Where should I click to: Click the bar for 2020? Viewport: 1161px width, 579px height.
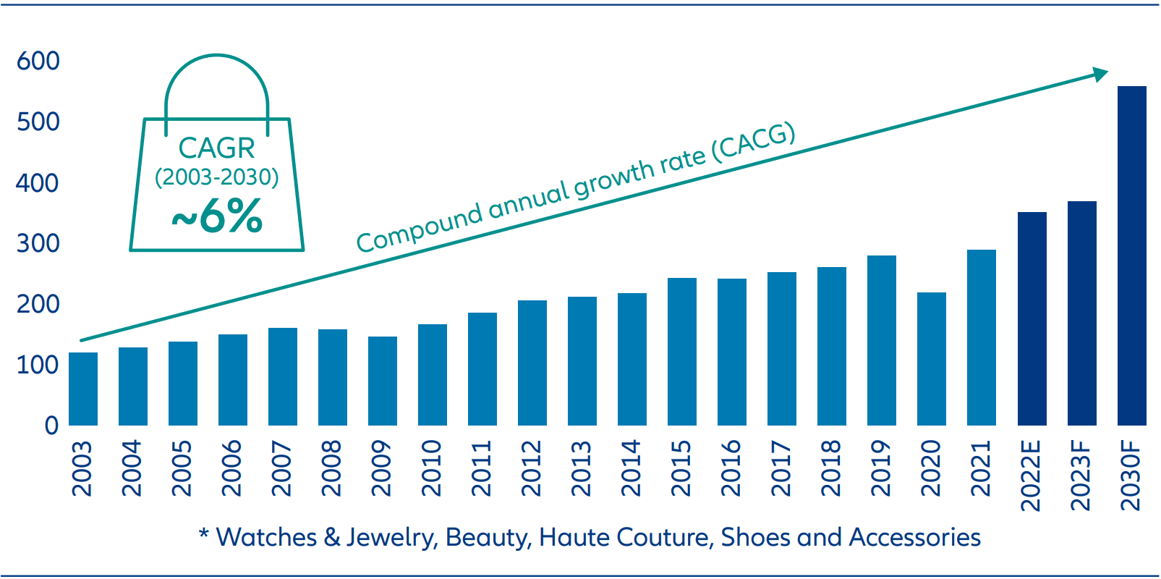(x=931, y=359)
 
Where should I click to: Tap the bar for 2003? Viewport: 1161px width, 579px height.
(x=83, y=389)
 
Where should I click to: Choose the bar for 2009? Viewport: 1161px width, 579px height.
(x=383, y=381)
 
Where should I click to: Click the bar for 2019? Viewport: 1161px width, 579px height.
(x=881, y=340)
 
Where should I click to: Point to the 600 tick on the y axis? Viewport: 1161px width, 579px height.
(x=38, y=61)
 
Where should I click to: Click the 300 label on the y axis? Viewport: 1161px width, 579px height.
(x=38, y=243)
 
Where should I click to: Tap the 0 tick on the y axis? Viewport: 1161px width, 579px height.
(x=51, y=426)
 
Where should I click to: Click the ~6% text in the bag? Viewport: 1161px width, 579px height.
(x=217, y=216)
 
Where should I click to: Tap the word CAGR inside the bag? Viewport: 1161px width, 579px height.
(x=216, y=148)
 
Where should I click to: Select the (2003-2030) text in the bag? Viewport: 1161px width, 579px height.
(x=216, y=177)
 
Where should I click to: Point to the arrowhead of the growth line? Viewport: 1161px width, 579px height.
(x=1100, y=74)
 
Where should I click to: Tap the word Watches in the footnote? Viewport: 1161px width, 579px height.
(x=266, y=538)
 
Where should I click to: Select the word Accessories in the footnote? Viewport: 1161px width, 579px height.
(x=914, y=538)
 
